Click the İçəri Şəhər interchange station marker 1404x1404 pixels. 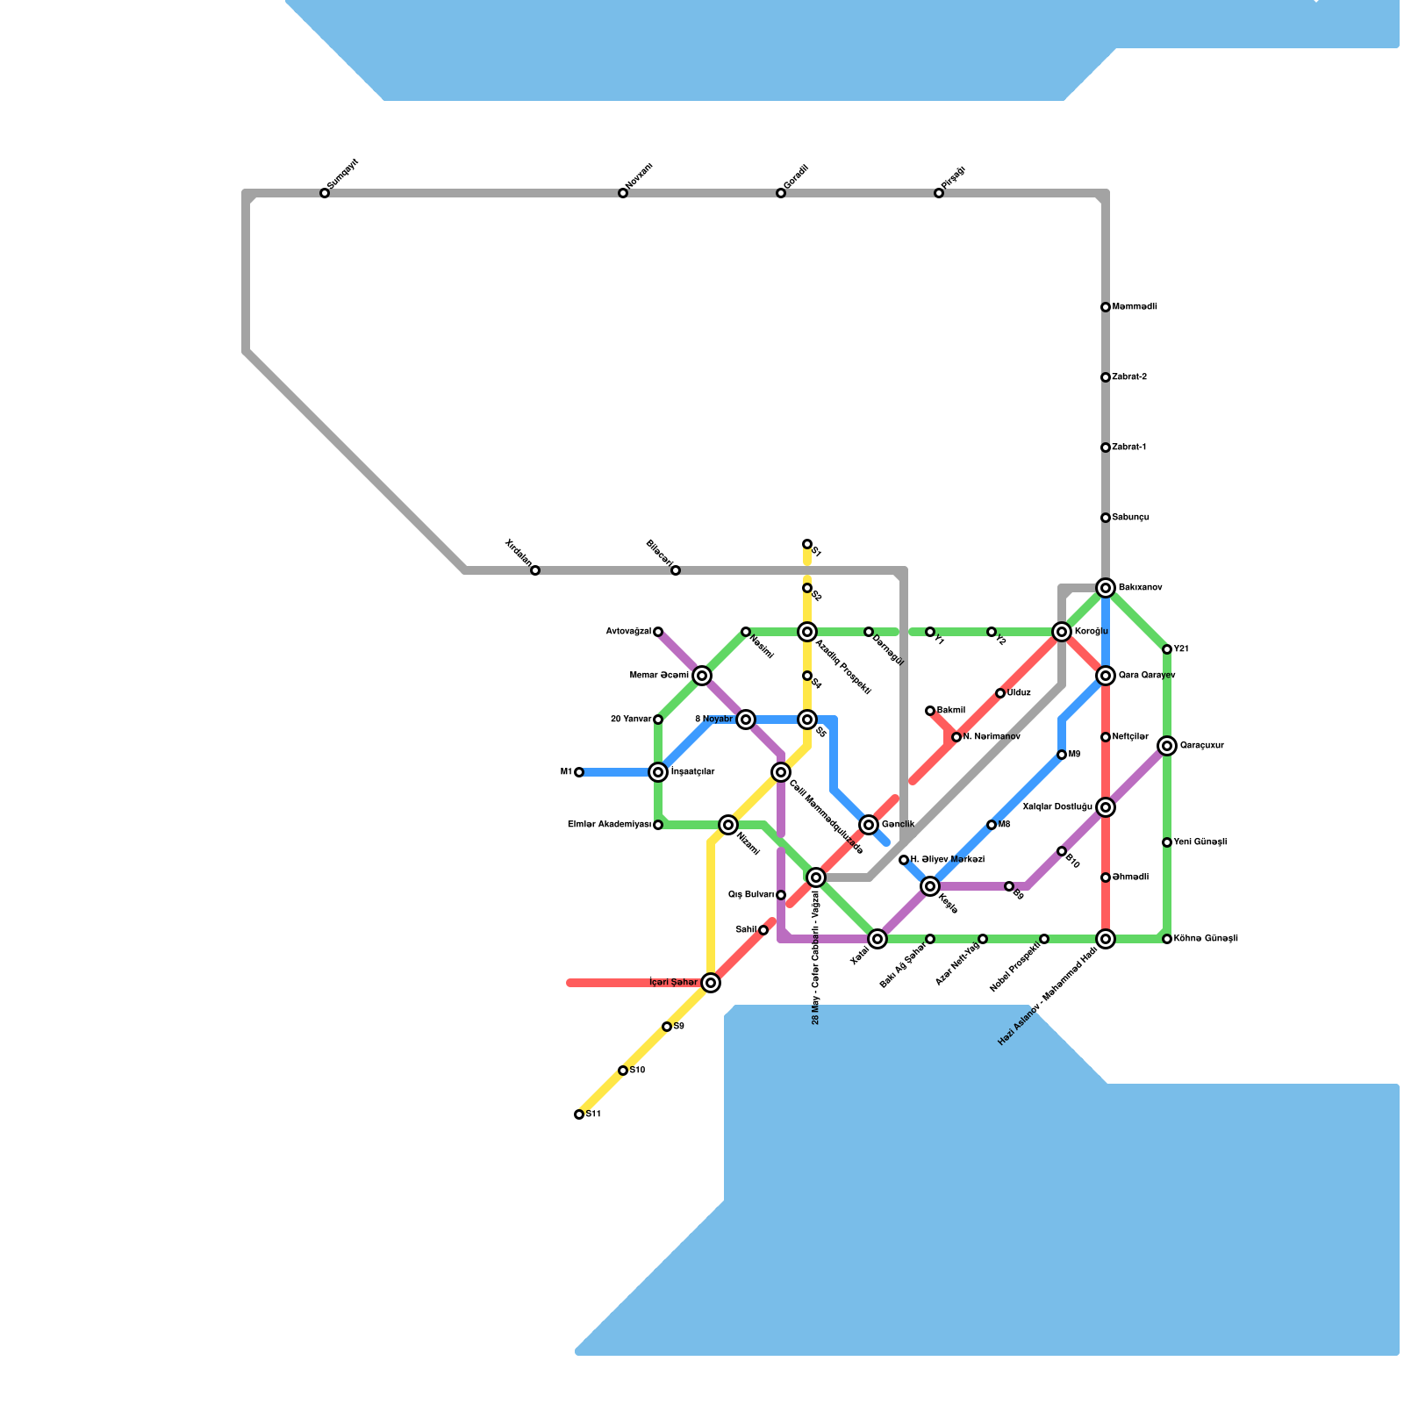pos(711,983)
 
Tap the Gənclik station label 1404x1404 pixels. pos(898,825)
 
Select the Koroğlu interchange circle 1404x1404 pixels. pos(1062,632)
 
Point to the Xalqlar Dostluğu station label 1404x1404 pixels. pos(1057,807)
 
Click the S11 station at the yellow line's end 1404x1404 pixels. pos(579,1114)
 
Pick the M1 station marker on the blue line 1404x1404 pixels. pos(579,772)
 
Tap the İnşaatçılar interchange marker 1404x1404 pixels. pos(658,772)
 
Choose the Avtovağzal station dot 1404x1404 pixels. pos(658,632)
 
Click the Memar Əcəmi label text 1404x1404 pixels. pos(659,676)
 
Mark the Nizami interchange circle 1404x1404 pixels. pos(728,825)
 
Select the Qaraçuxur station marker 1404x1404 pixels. pos(1167,746)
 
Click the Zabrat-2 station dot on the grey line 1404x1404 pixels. pos(1106,377)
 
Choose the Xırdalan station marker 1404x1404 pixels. pos(535,570)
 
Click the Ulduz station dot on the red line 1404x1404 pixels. pos(1000,693)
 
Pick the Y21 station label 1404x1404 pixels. pos(1181,649)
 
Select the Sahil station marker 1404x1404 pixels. pos(763,930)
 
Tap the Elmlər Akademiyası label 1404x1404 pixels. pos(609,825)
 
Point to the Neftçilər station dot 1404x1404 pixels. pos(1106,737)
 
